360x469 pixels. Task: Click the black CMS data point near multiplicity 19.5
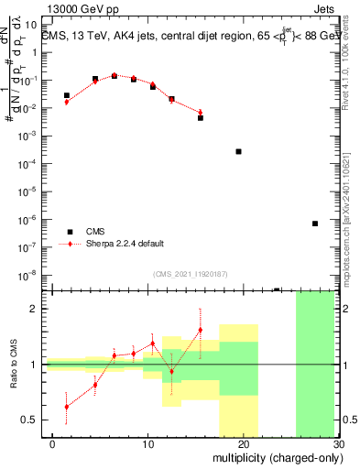[x=238, y=151]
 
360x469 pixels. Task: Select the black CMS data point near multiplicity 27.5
[x=314, y=224]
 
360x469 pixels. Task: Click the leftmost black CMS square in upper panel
[x=66, y=95]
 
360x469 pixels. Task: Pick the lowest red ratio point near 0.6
[x=66, y=407]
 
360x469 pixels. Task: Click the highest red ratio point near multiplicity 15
[x=200, y=330]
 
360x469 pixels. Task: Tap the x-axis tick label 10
[x=148, y=443]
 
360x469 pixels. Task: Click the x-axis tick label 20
[x=243, y=443]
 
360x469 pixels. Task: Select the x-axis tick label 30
[x=337, y=443]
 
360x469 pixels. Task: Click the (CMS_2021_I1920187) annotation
[x=190, y=274]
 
